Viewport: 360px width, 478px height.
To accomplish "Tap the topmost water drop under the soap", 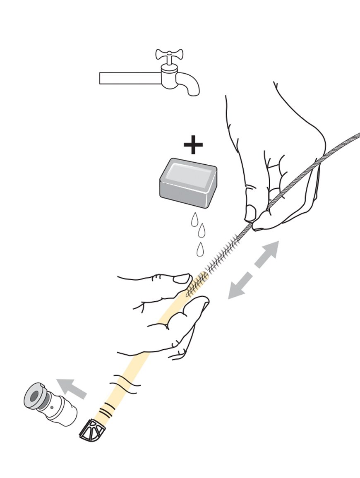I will pyautogui.click(x=194, y=219).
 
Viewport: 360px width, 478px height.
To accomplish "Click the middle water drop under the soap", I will pyautogui.click(x=202, y=230).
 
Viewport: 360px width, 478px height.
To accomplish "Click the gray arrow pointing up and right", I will pyautogui.click(x=267, y=253).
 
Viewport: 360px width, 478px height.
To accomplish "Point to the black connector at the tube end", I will pyautogui.click(x=92, y=431).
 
